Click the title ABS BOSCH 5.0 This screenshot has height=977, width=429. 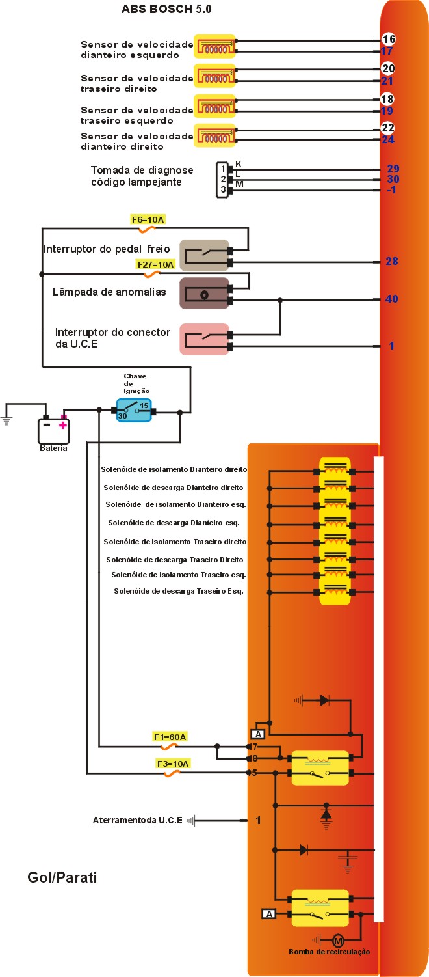tap(166, 10)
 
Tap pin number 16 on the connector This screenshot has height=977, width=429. tap(388, 39)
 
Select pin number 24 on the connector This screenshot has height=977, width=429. tap(388, 139)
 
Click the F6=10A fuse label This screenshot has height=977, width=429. tap(148, 220)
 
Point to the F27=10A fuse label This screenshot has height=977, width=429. tap(155, 264)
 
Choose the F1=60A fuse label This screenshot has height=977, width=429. tap(170, 737)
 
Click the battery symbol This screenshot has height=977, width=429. tap(53, 429)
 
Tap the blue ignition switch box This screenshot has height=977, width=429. tap(133, 410)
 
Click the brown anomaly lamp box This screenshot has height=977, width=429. tap(204, 294)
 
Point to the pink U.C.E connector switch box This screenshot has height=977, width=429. tap(204, 339)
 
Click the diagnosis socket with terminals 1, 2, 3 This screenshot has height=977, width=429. tap(223, 179)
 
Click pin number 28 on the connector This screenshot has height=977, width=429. tap(391, 261)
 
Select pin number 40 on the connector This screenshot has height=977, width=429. tap(391, 299)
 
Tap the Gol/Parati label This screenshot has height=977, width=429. tap(62, 877)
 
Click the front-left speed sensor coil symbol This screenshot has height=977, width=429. tap(215, 46)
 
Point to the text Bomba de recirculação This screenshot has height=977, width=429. tap(329, 952)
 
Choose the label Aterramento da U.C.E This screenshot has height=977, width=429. tap(138, 820)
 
